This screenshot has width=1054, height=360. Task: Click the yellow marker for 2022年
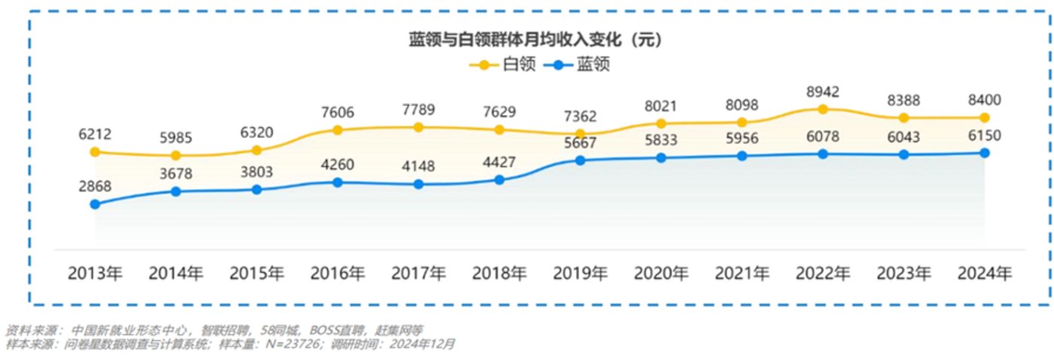coord(822,109)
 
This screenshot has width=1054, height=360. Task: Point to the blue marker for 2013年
coord(95,204)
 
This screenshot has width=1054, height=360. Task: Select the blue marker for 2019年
coord(580,160)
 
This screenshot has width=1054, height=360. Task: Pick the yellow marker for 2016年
coord(337,130)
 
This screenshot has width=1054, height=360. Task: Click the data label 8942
coord(822,92)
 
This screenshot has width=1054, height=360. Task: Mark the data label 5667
coord(580,143)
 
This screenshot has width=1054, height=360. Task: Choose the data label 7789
coord(419,110)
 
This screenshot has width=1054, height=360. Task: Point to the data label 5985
coord(175,138)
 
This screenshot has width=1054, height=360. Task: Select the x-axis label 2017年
coord(419,273)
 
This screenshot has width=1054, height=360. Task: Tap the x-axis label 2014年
coord(175,273)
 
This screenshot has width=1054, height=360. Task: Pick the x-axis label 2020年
coord(660,273)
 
